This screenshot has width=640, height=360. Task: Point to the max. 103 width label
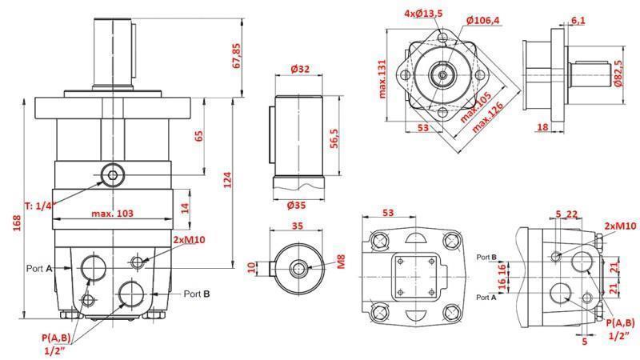(x=112, y=214)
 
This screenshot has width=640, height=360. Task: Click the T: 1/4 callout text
(x=39, y=206)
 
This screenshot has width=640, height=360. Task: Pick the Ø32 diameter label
(x=300, y=70)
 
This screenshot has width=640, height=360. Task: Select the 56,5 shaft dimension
(x=336, y=138)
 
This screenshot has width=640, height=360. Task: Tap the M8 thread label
(x=340, y=262)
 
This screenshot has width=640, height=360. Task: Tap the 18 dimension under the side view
(x=542, y=127)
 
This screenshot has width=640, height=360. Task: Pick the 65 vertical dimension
(x=197, y=135)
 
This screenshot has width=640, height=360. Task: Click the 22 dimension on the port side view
(x=572, y=214)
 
